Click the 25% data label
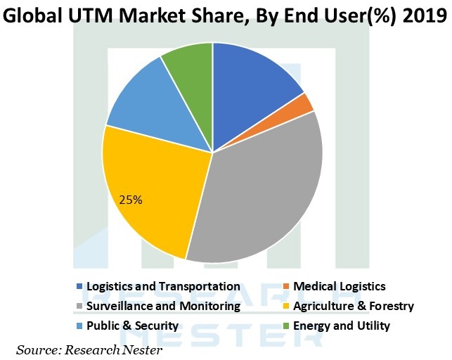131,200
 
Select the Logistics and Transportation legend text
163,286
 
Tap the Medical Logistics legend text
340,286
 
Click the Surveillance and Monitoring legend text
163,306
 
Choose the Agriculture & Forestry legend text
354,306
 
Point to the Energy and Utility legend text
342,326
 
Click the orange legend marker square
286,287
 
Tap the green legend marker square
286,326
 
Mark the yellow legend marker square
286,307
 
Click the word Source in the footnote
37,349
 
